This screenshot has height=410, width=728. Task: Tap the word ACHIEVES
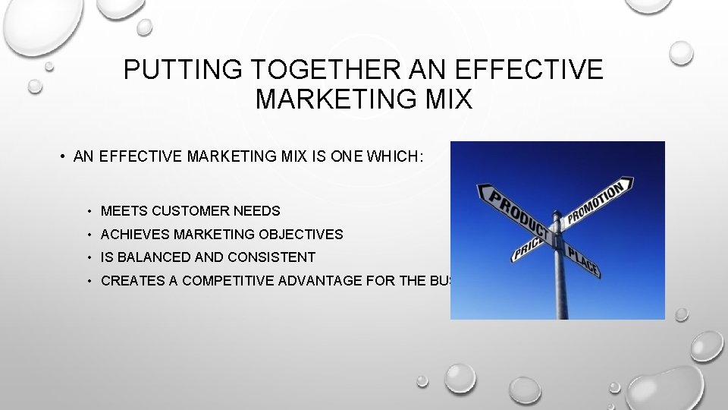134,235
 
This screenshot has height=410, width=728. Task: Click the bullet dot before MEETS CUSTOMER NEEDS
89,211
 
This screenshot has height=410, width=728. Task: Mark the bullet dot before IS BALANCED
89,257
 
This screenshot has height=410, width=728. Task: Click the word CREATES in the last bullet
132,281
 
